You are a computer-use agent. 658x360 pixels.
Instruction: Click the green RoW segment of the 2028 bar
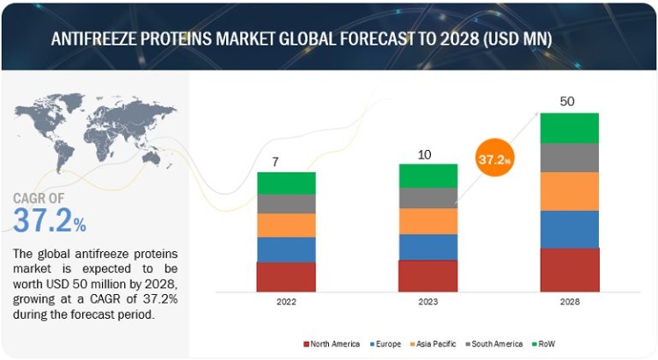(569, 128)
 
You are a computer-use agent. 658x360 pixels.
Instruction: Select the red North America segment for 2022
(286, 277)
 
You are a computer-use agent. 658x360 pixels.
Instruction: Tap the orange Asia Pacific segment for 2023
(428, 221)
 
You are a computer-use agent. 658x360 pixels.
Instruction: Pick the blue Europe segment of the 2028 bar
(569, 229)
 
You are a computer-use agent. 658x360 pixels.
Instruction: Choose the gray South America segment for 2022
(286, 203)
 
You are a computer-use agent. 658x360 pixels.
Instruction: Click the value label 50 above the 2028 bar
(567, 101)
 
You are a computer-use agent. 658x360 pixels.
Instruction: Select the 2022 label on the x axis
(286, 303)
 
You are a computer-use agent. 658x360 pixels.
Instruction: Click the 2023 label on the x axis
(428, 303)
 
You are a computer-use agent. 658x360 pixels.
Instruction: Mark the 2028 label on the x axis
(569, 303)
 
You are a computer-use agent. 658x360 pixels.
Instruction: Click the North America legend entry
(332, 344)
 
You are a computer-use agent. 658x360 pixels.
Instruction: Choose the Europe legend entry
(387, 344)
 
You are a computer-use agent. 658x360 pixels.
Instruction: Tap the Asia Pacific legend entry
(437, 344)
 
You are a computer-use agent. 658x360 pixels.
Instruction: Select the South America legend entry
(496, 344)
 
